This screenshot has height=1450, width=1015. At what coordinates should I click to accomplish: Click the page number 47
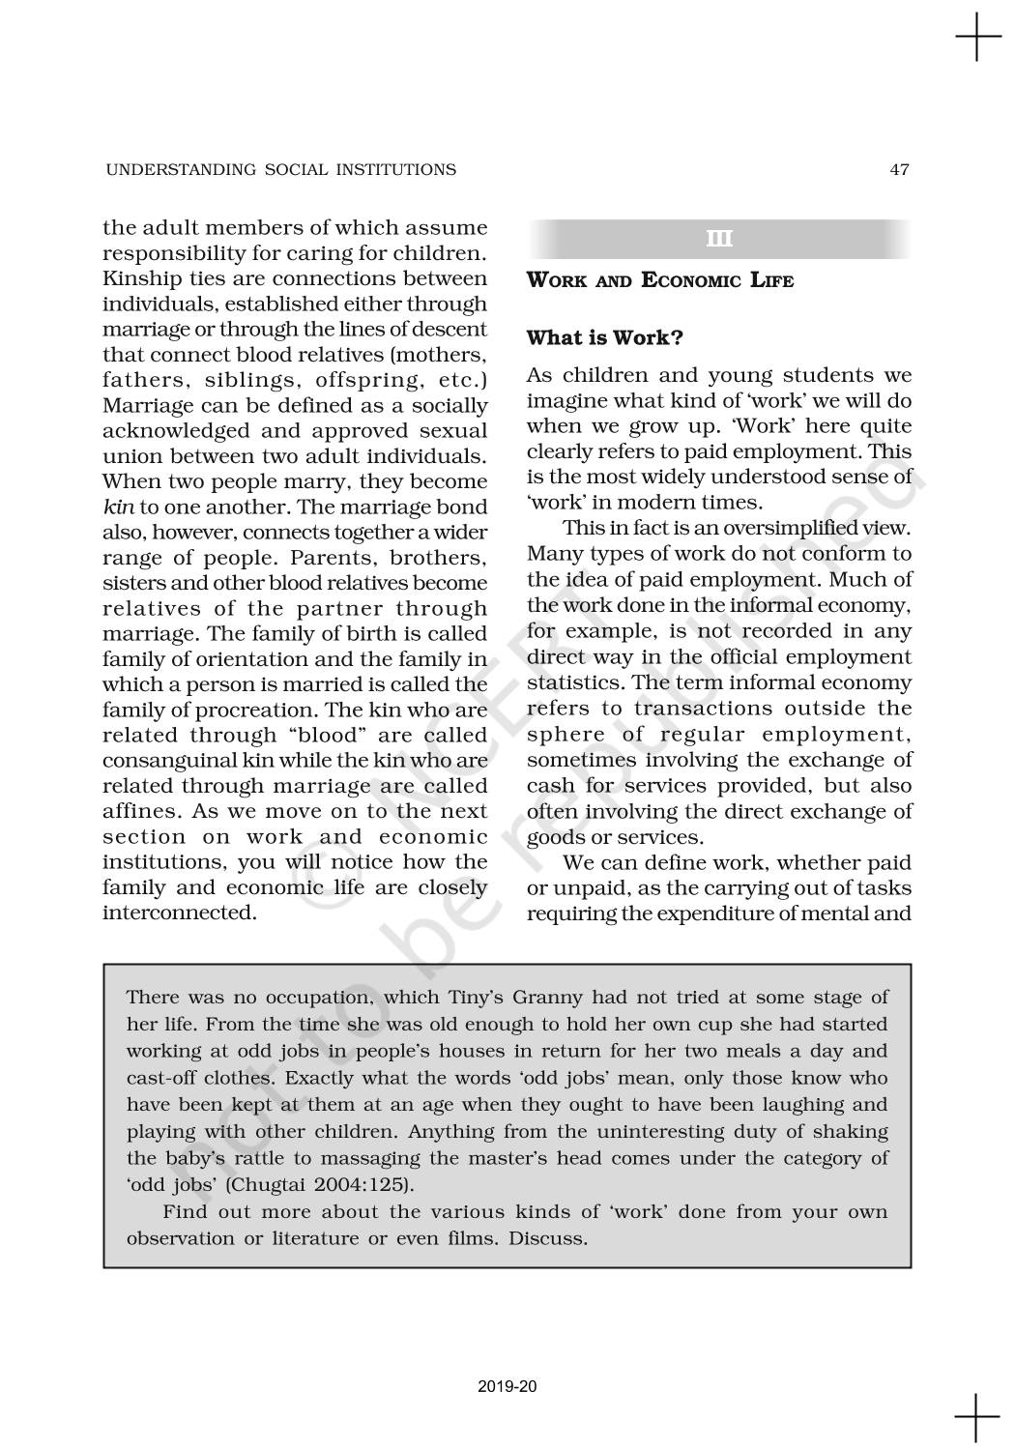pyautogui.click(x=899, y=170)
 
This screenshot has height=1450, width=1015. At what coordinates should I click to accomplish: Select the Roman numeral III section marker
pyautogui.click(x=719, y=239)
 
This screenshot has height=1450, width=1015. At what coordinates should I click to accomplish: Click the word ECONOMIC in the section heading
pyautogui.click(x=689, y=281)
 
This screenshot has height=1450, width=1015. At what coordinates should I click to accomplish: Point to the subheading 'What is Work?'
pyautogui.click(x=605, y=338)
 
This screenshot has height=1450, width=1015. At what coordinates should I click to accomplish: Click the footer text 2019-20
pyautogui.click(x=507, y=1387)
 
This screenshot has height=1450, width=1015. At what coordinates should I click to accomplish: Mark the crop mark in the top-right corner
pyautogui.click(x=977, y=36)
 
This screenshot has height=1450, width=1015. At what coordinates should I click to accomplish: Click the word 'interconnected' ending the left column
pyautogui.click(x=179, y=913)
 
